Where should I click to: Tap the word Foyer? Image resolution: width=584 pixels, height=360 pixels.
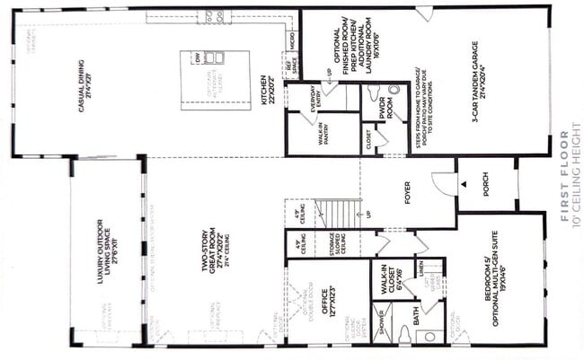(408, 189)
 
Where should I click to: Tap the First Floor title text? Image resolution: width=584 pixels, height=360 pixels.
(564, 175)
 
